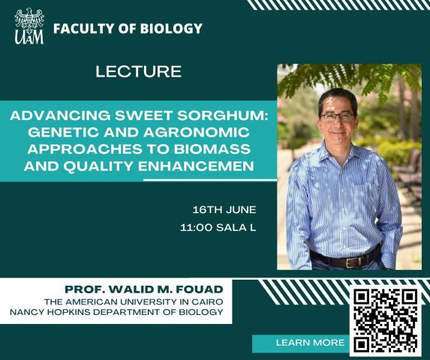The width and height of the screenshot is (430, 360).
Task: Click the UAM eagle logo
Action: pos(29,26)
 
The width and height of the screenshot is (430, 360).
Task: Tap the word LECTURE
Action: pos(139,71)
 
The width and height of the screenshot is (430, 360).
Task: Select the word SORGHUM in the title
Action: pos(222,115)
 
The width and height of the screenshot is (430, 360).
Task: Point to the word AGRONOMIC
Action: pos(197,132)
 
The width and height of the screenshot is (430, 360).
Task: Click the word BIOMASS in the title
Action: pos(212,149)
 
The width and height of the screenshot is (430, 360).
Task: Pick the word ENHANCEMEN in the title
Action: pos(197,166)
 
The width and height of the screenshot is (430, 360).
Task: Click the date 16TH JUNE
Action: pos(224,210)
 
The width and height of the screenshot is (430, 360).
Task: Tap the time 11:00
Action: pos(197,228)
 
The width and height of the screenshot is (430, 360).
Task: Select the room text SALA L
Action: pos(236,228)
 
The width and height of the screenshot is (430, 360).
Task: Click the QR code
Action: pos(386,320)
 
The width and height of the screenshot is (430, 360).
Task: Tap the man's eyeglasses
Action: pos(338,117)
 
